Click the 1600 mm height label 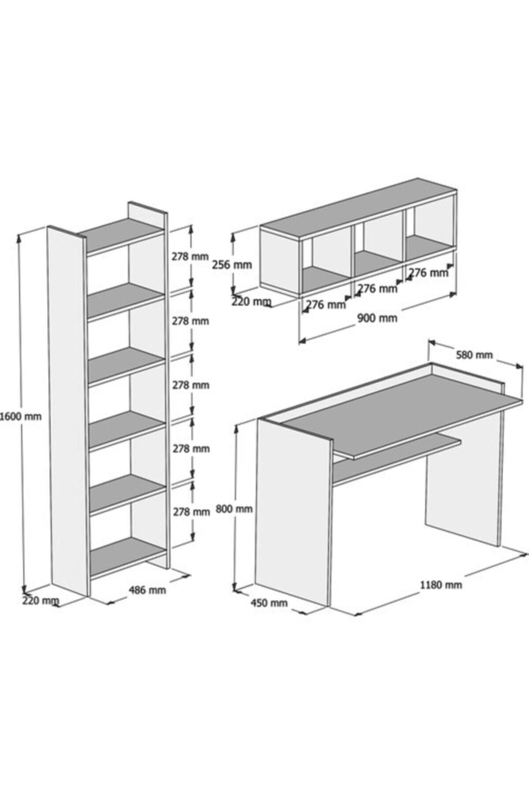coord(21,416)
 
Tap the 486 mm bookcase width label coord(147,589)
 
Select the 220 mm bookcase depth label coord(40,600)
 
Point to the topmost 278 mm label coord(190,256)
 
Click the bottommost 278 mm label coord(191,512)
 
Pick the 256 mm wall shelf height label coord(232,265)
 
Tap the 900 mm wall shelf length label coord(377,318)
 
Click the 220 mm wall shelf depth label coord(251,302)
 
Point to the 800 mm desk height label coord(234,509)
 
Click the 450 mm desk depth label coord(269,603)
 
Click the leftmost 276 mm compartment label coord(326,304)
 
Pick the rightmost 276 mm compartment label coord(428,273)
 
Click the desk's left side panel coord(292,511)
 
